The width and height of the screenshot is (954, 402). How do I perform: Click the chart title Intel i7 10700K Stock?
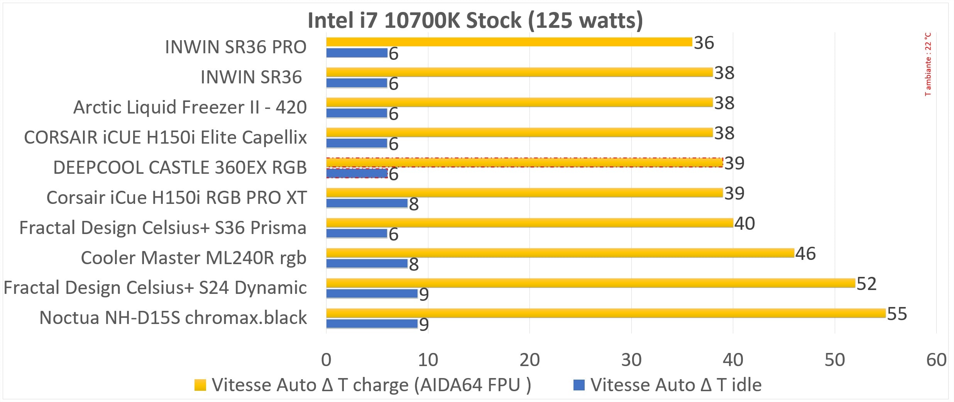click(x=475, y=20)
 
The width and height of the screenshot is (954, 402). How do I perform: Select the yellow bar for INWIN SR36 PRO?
click(x=509, y=42)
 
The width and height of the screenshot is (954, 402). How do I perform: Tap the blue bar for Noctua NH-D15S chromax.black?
click(x=372, y=324)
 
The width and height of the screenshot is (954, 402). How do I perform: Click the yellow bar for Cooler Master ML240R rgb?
click(x=560, y=253)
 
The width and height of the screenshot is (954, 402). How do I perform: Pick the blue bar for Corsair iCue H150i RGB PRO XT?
click(x=367, y=203)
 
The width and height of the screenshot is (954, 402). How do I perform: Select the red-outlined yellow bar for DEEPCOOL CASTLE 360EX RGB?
click(x=524, y=163)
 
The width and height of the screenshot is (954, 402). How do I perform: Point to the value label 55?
click(x=896, y=314)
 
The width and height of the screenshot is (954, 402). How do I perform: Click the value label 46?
click(x=805, y=254)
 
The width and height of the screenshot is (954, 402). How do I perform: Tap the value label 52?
click(x=866, y=284)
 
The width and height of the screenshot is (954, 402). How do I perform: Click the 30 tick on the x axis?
click(x=631, y=360)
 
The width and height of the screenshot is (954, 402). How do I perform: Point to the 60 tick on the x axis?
click(x=936, y=360)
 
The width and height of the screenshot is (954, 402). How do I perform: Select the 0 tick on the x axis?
click(x=326, y=360)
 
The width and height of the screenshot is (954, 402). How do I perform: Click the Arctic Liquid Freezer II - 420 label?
click(x=190, y=107)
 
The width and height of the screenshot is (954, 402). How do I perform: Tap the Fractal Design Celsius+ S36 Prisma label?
click(x=162, y=228)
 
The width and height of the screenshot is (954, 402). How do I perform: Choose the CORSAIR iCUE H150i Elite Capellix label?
click(x=165, y=137)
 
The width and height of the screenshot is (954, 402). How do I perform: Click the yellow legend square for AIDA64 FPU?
click(x=200, y=385)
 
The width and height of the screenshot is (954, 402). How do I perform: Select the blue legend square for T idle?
click(x=579, y=385)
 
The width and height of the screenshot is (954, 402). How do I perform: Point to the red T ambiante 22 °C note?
click(x=928, y=64)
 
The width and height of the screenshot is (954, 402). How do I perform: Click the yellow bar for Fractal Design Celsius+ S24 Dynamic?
click(x=590, y=283)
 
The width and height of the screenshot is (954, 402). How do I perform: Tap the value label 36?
click(x=704, y=43)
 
